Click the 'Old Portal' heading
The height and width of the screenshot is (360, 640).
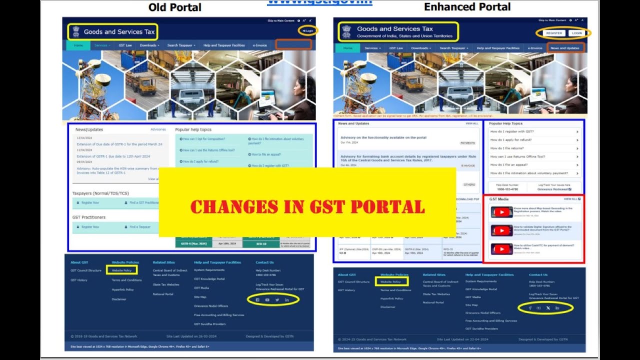pyautogui.click(x=175, y=7)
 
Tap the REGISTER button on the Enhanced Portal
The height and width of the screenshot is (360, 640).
pyautogui.click(x=554, y=33)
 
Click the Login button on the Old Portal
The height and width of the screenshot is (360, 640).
pyautogui.click(x=308, y=30)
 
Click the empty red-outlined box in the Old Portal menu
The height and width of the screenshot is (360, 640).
pyautogui.click(x=293, y=44)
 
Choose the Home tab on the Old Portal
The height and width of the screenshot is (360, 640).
pyautogui.click(x=78, y=45)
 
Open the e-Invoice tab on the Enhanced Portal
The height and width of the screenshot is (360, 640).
pyautogui.click(x=535, y=48)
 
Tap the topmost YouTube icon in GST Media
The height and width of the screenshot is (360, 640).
pyautogui.click(x=501, y=212)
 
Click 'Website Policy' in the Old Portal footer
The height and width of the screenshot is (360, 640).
pyautogui.click(x=121, y=270)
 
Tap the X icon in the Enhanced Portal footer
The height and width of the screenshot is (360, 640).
pyautogui.click(x=548, y=307)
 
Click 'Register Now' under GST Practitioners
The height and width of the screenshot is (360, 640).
pyautogui.click(x=90, y=227)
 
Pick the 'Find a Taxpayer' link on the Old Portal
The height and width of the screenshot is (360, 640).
pyautogui.click(x=140, y=227)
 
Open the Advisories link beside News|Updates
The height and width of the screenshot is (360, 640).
pyautogui.click(x=158, y=129)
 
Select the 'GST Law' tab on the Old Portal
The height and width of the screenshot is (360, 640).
pyautogui.click(x=125, y=45)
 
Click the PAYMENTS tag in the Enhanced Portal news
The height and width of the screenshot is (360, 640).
pyautogui.click(x=467, y=143)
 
